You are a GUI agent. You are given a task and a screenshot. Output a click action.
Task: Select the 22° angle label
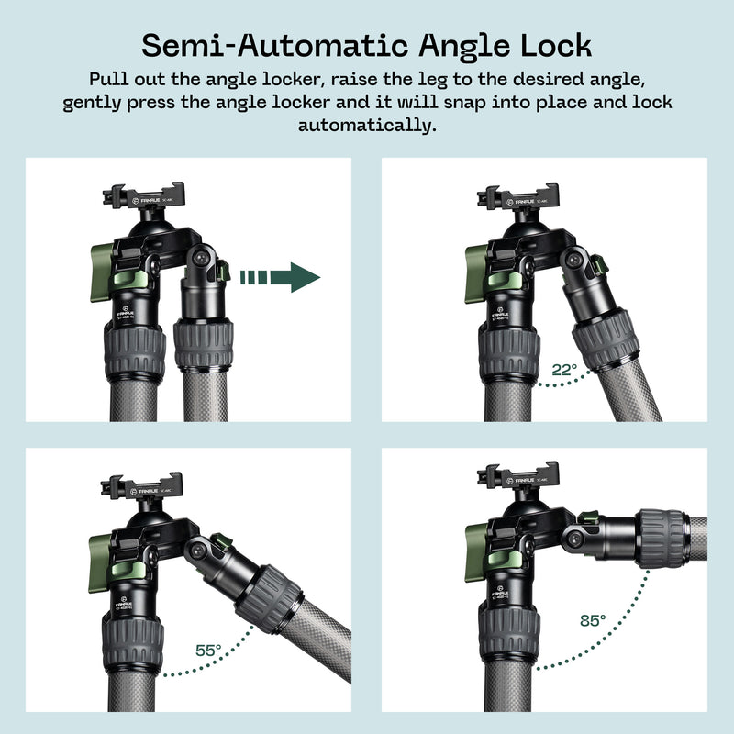tap(564, 371)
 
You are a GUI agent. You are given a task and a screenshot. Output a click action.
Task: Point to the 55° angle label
tap(208, 650)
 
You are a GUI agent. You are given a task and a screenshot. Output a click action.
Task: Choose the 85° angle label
tap(592, 621)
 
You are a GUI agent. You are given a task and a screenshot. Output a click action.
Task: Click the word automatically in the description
tap(366, 125)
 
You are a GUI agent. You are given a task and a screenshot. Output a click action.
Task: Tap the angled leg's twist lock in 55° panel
tap(268, 597)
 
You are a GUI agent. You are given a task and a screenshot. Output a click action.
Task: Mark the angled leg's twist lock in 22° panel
tap(606, 339)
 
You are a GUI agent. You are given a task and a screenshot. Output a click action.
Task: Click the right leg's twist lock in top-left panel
tap(203, 345)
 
